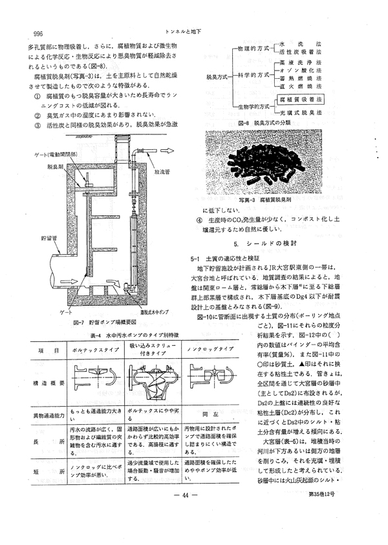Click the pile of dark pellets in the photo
click(x=266, y=160)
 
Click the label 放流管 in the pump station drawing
click(x=162, y=173)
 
